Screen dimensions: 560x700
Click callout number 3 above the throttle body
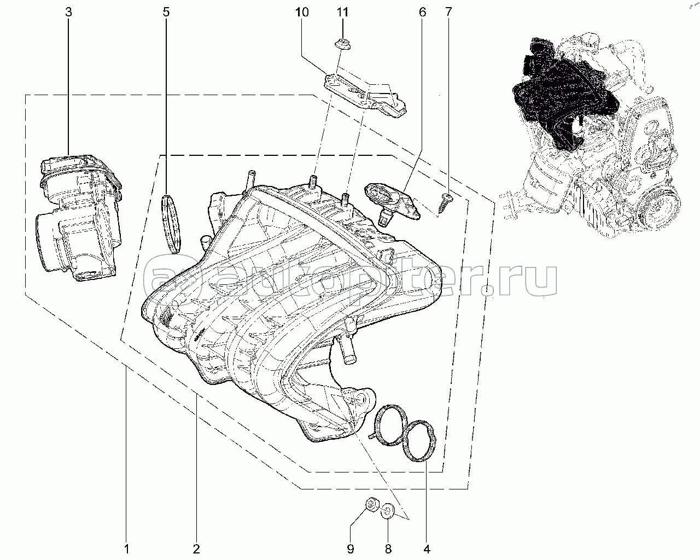point(68,11)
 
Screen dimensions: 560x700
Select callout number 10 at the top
point(302,11)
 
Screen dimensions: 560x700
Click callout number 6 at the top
point(422,11)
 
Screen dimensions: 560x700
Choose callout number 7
point(449,11)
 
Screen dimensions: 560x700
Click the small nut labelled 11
point(343,45)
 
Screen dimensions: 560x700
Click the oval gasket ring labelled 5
point(171,224)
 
